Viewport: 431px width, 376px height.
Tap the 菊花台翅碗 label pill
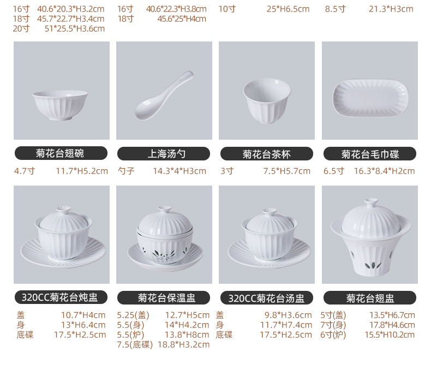point(61,153)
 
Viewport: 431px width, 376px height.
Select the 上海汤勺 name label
point(164,154)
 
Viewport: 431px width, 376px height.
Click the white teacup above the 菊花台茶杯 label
point(267,100)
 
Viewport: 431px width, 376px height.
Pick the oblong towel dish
point(370,98)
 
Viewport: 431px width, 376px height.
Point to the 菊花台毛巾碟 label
point(370,154)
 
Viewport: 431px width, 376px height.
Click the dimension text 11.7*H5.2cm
point(82,171)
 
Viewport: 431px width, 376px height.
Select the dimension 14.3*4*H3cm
point(179,171)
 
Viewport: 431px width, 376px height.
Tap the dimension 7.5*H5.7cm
point(286,171)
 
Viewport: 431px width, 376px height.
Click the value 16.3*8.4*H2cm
point(384,171)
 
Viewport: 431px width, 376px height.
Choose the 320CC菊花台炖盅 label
point(61,297)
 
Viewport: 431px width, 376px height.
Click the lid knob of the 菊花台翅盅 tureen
point(371,202)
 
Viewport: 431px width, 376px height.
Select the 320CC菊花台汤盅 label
point(267,297)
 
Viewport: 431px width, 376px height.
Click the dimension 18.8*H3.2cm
point(184,345)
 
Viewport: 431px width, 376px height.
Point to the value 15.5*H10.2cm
point(390,335)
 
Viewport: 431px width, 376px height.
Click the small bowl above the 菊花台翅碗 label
point(60,105)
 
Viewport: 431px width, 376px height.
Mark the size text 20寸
point(21,28)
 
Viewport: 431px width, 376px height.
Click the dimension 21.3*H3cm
point(391,9)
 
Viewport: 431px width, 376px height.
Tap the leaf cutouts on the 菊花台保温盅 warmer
point(164,253)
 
